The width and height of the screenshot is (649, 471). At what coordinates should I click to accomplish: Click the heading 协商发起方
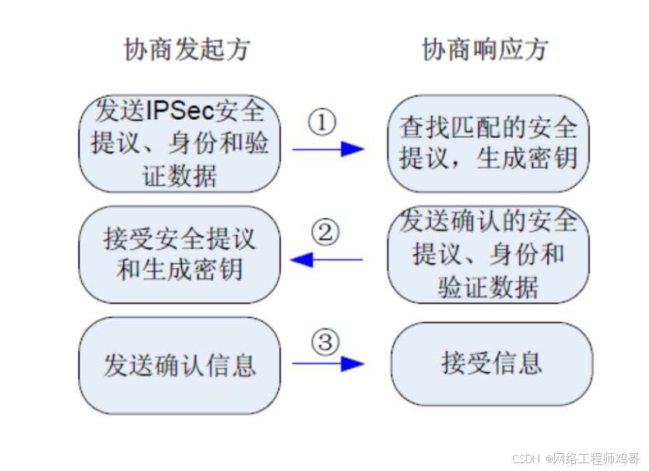click(x=187, y=50)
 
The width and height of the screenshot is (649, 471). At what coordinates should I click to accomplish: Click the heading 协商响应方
click(x=485, y=50)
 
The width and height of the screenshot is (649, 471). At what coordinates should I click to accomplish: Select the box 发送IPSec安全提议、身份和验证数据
click(x=180, y=144)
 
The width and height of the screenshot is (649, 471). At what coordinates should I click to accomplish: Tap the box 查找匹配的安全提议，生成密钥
click(x=489, y=143)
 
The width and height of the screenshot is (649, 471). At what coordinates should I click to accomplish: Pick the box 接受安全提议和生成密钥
click(x=180, y=255)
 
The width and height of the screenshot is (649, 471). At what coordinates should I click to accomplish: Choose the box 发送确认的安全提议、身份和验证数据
click(x=489, y=255)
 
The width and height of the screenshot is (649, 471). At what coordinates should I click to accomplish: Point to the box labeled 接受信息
click(x=491, y=364)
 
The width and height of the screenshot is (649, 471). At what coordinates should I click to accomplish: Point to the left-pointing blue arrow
click(x=327, y=259)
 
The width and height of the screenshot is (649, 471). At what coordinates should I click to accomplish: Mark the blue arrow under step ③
click(x=328, y=363)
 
